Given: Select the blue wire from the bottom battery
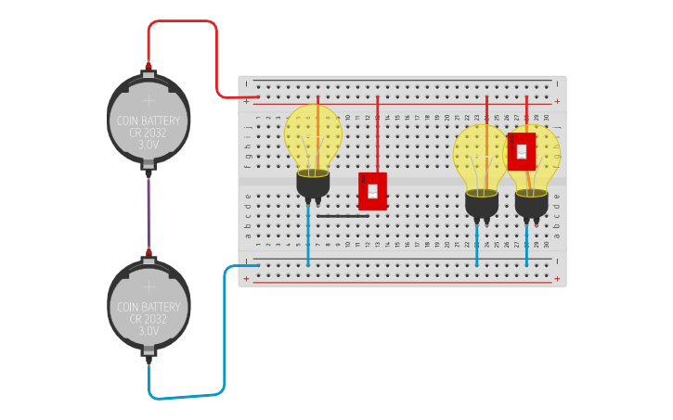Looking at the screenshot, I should pyautogui.click(x=224, y=334).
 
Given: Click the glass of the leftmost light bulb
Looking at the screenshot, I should pyautogui.click(x=313, y=134).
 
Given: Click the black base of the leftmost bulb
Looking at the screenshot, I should pyautogui.click(x=313, y=185).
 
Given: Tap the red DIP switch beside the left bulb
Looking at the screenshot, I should pyautogui.click(x=372, y=191).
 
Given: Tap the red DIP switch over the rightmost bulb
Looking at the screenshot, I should pyautogui.click(x=521, y=151).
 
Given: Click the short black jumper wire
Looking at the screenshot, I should pyautogui.click(x=343, y=216).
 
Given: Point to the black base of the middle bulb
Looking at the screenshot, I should pyautogui.click(x=482, y=204).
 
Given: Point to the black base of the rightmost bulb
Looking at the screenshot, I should pyautogui.click(x=531, y=204).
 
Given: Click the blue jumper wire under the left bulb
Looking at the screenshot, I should pyautogui.click(x=308, y=236).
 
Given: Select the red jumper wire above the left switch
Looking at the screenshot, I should pyautogui.click(x=377, y=134).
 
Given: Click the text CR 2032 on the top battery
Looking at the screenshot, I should pyautogui.click(x=149, y=133).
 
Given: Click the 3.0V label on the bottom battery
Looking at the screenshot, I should pyautogui.click(x=149, y=330).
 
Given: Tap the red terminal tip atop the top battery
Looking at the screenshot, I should pyautogui.click(x=148, y=66).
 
